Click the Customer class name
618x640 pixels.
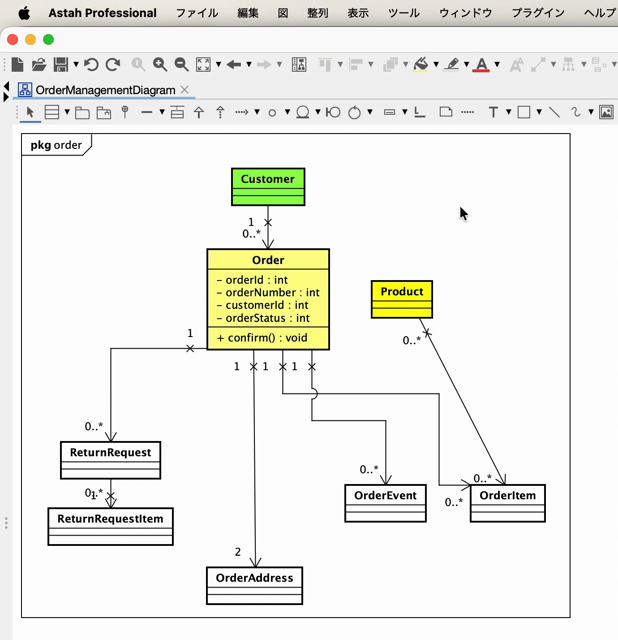(268, 179)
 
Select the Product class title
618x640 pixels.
(402, 291)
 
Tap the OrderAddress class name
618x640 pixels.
(254, 578)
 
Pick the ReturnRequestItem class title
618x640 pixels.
(111, 519)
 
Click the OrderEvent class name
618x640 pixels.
(386, 495)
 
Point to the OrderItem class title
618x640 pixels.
(507, 495)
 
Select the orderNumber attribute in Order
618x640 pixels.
(268, 292)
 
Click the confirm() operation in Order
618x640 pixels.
(262, 338)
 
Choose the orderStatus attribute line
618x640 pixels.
(263, 318)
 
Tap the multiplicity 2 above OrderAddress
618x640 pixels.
(238, 552)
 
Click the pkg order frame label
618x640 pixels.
(56, 145)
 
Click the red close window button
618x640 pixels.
(13, 39)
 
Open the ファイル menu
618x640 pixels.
(197, 13)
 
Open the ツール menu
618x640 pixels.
(404, 13)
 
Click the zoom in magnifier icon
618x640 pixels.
(160, 64)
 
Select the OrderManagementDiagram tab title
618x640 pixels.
(106, 90)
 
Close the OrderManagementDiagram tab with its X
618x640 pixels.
(185, 90)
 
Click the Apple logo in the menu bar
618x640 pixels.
(24, 13)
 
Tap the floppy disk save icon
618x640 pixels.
(61, 64)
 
